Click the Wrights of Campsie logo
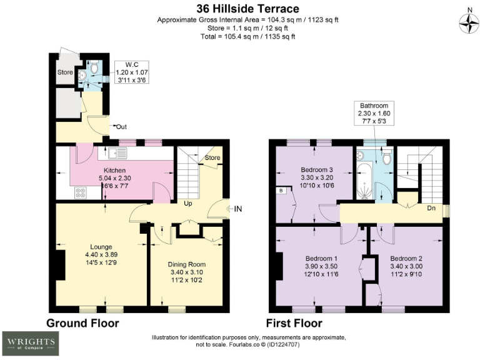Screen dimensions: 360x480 30,342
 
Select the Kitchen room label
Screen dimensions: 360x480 115,170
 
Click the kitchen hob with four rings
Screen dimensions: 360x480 81,193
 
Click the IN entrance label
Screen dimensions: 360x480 237,209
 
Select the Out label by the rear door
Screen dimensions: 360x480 121,127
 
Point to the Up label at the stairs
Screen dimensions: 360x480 187,203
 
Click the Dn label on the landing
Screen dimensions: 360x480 431,208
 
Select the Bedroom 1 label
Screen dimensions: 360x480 321,258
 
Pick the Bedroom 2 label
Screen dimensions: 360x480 407,258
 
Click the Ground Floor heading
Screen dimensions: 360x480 82,323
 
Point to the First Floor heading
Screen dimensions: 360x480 294,323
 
